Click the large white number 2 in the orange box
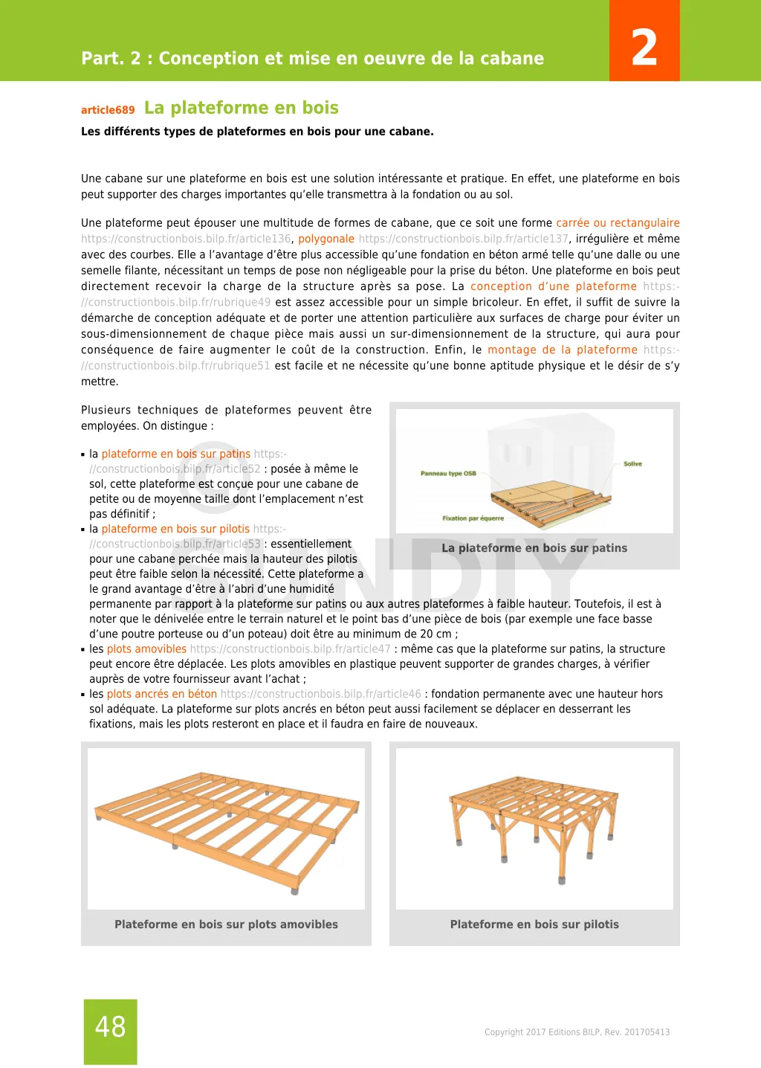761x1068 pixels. [644, 48]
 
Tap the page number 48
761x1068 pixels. [110, 1027]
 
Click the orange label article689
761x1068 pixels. [108, 110]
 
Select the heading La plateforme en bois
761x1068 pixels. [241, 108]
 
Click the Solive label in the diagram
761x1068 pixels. [632, 464]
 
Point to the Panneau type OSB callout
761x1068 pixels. [448, 473]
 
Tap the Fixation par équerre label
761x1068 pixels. [473, 518]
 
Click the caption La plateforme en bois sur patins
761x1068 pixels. [534, 548]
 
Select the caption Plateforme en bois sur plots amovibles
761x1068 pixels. [226, 924]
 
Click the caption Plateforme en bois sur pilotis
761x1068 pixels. [534, 924]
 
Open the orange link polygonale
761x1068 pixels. [326, 239]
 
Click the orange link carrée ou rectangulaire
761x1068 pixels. [618, 223]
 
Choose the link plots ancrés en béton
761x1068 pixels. [161, 694]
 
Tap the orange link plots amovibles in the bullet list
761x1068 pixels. [146, 649]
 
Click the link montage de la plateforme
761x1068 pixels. [562, 350]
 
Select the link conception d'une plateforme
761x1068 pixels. [553, 286]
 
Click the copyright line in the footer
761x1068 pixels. [577, 1032]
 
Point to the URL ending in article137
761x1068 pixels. [463, 239]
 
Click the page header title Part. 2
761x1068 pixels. [312, 59]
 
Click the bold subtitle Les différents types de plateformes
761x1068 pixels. [257, 132]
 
